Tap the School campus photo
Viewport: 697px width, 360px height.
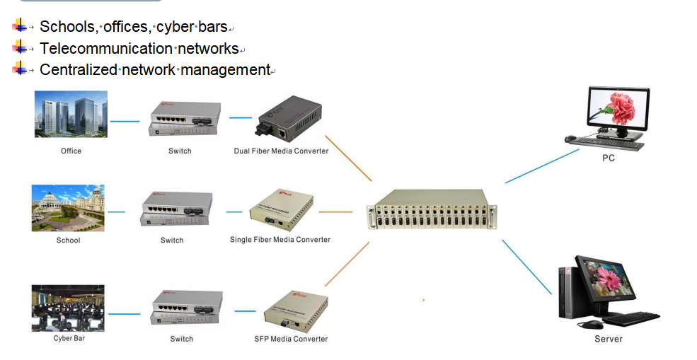click(68, 207)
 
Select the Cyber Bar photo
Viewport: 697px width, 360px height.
click(68, 308)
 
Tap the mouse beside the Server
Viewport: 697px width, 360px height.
click(590, 325)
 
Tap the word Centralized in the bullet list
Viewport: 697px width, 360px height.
click(79, 70)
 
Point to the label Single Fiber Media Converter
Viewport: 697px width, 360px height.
click(280, 240)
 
